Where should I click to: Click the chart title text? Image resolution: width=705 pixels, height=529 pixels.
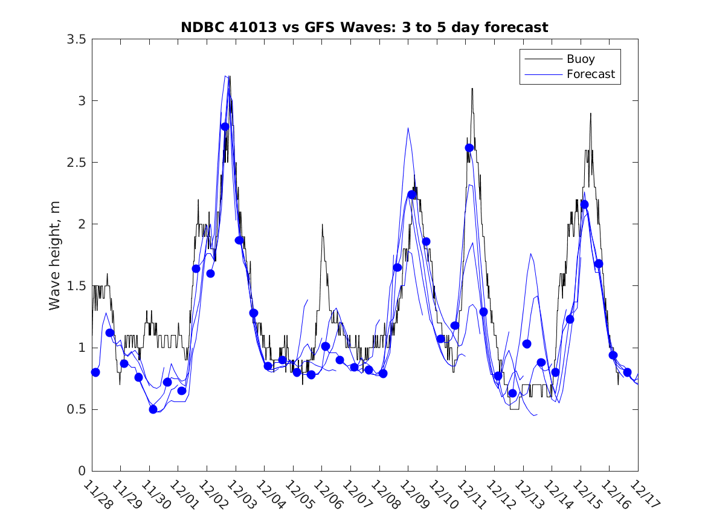(364, 27)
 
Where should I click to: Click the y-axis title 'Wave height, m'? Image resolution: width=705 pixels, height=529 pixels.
(55, 255)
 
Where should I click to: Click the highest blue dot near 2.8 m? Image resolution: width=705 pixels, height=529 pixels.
(225, 126)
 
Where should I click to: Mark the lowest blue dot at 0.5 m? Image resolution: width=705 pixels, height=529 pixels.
(153, 409)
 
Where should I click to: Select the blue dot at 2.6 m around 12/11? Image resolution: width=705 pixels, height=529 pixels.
(469, 148)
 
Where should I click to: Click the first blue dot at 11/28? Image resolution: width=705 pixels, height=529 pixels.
(95, 372)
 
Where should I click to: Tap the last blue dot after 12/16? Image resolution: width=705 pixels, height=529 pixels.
(627, 372)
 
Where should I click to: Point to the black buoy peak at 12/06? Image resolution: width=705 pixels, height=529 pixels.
(322, 225)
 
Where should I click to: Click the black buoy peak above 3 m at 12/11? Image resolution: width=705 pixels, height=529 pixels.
(472, 89)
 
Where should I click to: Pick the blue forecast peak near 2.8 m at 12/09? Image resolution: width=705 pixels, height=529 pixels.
(408, 128)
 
